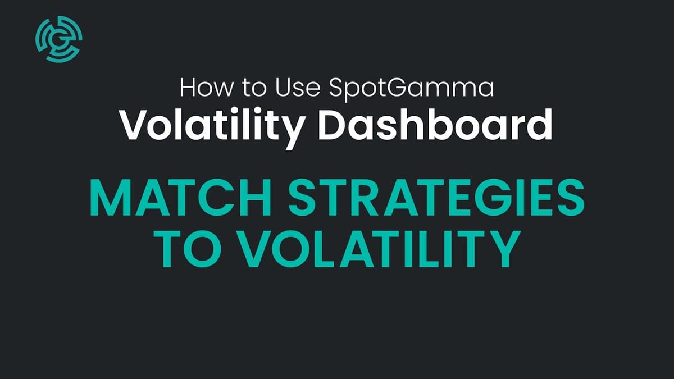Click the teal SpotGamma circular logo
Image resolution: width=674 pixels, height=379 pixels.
click(x=59, y=38)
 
